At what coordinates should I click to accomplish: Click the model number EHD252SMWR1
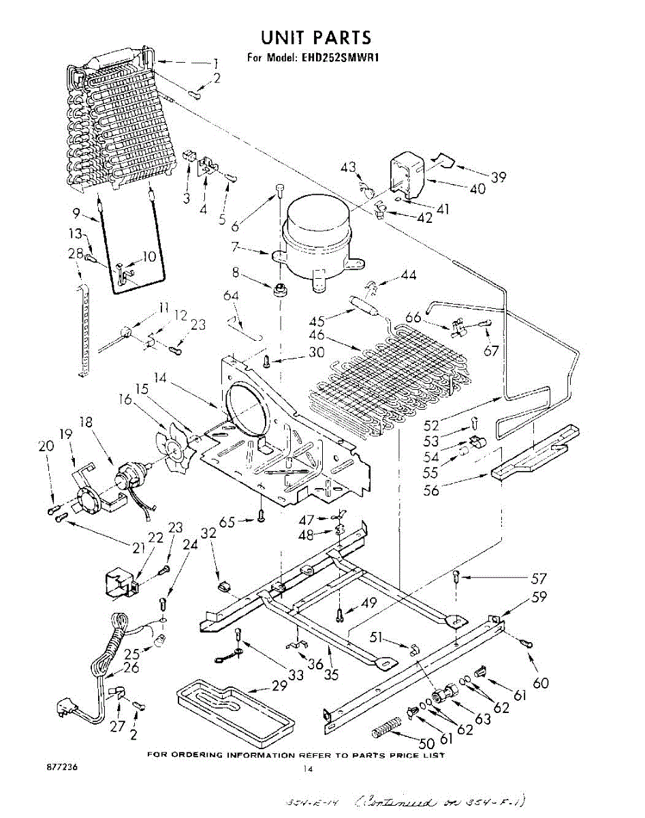339,57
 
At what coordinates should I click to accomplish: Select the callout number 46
317,335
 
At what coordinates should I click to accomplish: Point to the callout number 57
539,579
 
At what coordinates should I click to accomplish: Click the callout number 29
279,686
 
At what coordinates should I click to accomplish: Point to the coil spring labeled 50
387,732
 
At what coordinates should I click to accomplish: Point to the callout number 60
541,682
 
